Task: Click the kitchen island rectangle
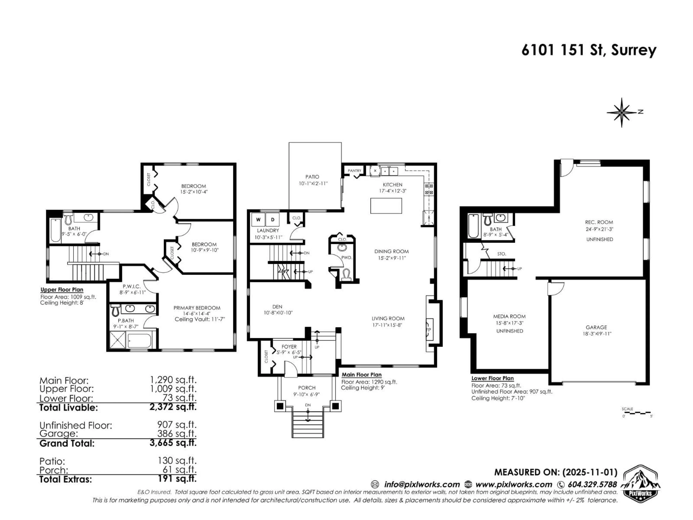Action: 386,206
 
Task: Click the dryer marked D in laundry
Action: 273,219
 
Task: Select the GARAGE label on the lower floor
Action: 596,327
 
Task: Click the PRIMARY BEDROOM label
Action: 197,308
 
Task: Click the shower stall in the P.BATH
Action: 117,339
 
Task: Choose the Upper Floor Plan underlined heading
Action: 62,290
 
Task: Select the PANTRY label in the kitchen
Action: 354,170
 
